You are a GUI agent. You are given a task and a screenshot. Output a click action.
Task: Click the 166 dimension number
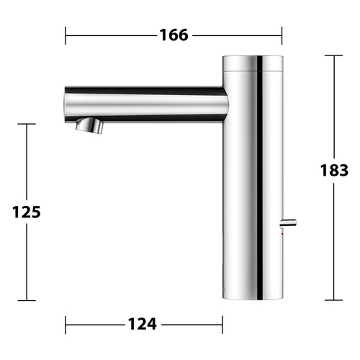pos(174,35)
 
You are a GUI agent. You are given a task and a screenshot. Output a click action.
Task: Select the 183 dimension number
pos(334,171)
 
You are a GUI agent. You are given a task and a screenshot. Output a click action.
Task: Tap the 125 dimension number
pos(27,212)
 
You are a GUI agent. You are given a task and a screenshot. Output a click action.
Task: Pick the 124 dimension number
pos(143,324)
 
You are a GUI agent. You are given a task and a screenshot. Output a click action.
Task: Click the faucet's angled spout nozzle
pos(89,125)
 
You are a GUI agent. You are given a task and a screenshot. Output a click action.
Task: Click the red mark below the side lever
pos(282,233)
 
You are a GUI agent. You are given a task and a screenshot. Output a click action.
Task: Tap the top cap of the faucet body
pos(253,63)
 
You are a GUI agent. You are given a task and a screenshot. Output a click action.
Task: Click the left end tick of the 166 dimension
pos(66,35)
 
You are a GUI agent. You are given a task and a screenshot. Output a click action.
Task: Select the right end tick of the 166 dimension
pos(282,35)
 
